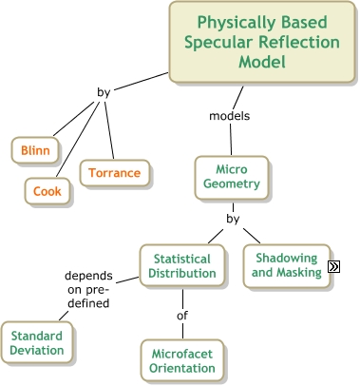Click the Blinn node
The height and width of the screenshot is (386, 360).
click(36, 150)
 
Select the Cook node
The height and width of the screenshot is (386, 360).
click(47, 191)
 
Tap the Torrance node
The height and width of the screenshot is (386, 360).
click(115, 173)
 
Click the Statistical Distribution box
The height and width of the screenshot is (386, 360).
click(181, 266)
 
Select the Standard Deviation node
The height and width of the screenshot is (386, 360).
click(38, 343)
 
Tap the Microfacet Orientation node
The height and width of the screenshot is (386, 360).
click(182, 362)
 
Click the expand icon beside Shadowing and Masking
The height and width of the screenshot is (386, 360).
click(333, 267)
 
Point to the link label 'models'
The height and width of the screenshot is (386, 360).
click(229, 117)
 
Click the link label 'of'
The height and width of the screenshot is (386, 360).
click(182, 315)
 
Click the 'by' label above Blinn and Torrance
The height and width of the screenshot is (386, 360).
click(104, 92)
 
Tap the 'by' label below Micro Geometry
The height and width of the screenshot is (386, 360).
click(233, 220)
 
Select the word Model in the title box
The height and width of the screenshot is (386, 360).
click(263, 62)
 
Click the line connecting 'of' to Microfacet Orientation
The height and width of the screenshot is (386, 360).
click(182, 331)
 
